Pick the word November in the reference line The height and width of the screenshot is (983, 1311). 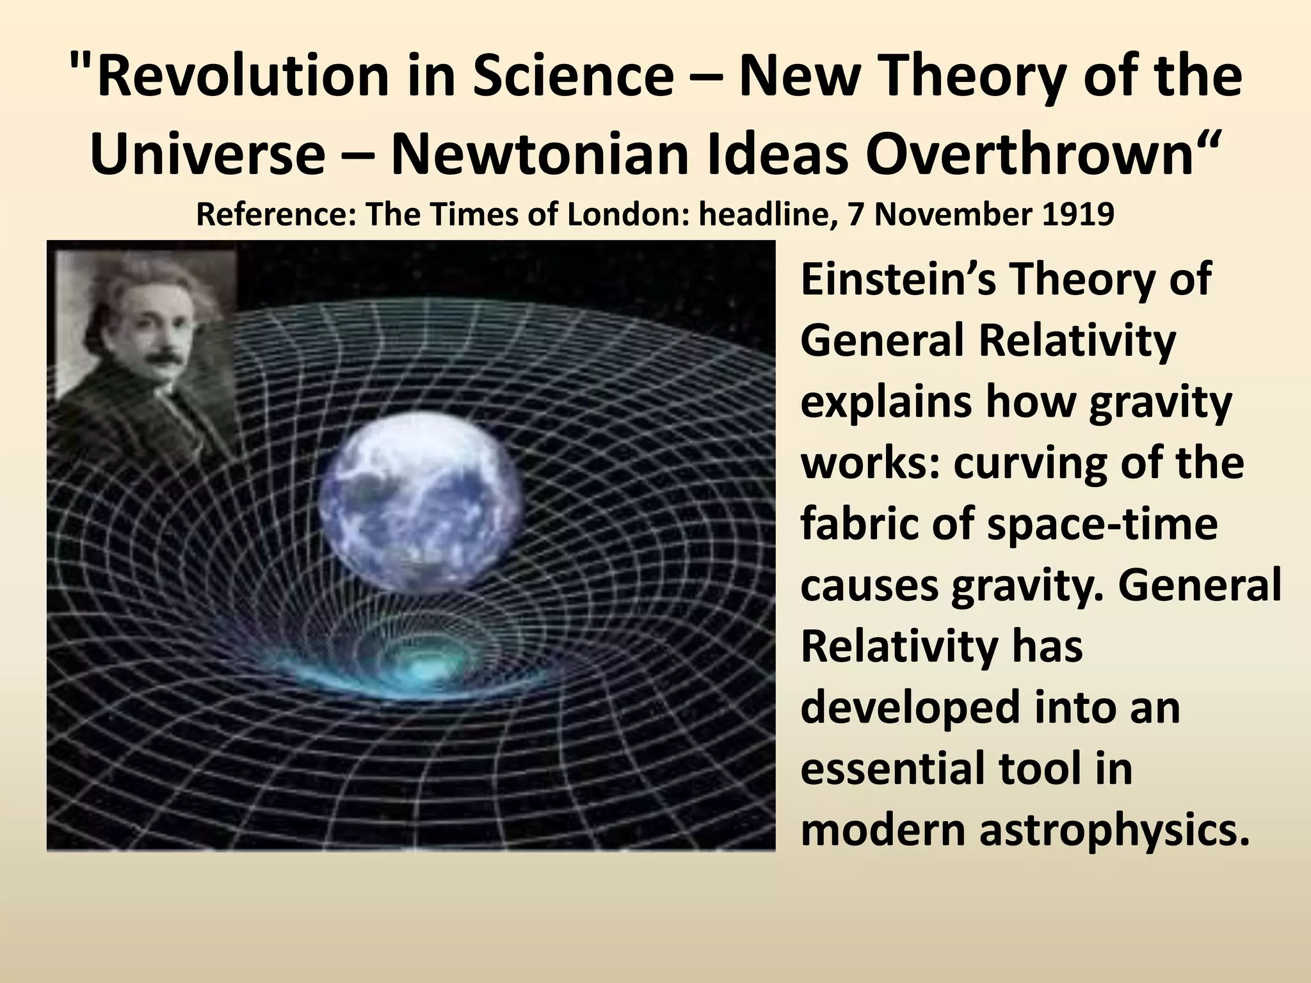(x=954, y=215)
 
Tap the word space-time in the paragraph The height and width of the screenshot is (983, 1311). (x=1102, y=524)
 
